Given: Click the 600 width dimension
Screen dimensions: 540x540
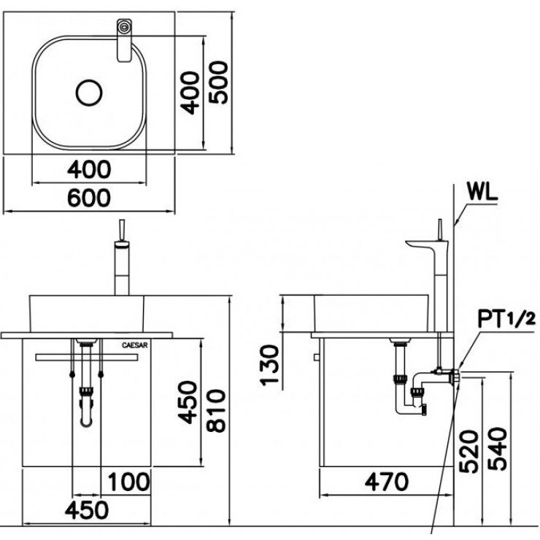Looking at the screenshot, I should click(x=90, y=198).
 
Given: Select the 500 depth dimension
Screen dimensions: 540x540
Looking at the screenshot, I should click(x=217, y=82).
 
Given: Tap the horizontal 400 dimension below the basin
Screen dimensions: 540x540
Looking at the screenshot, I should click(x=90, y=169).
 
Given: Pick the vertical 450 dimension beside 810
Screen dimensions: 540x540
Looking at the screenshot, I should click(x=188, y=401).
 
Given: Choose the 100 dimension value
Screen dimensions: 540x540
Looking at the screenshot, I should click(x=129, y=482).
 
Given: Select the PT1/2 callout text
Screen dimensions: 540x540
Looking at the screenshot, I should click(x=507, y=318).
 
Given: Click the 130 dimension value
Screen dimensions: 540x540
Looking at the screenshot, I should click(x=270, y=364).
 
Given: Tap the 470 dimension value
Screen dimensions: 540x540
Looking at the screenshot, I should click(x=387, y=482).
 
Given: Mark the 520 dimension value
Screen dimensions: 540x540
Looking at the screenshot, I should click(x=471, y=452).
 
